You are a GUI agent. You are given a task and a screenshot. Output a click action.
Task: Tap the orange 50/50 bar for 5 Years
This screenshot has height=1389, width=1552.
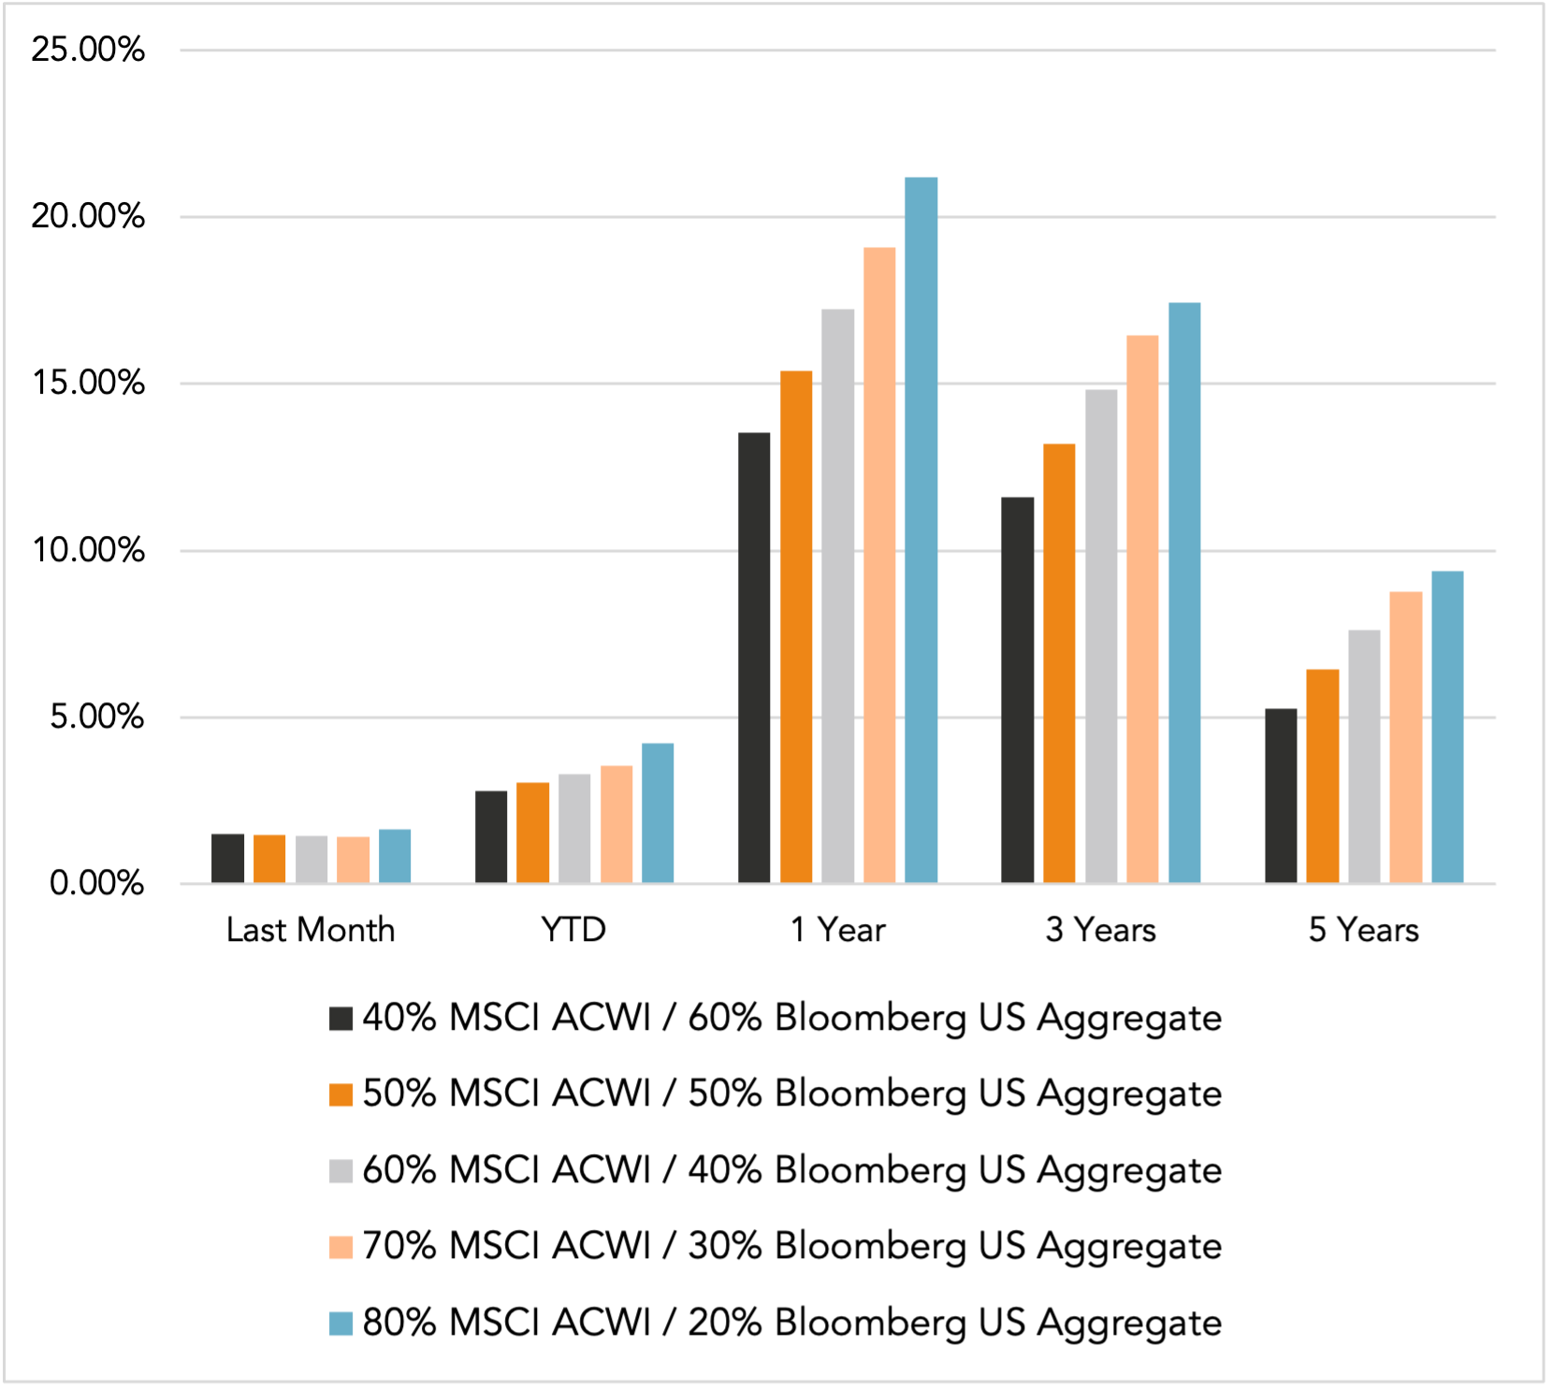point(1322,776)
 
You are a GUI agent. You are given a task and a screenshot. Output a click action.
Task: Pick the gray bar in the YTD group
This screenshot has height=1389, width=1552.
point(574,829)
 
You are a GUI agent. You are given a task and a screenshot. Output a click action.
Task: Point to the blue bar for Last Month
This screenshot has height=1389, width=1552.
point(395,857)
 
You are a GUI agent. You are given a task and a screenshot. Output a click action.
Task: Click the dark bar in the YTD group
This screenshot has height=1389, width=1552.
point(491,837)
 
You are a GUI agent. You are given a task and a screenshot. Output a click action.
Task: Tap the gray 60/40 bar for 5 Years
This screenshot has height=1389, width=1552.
point(1364,757)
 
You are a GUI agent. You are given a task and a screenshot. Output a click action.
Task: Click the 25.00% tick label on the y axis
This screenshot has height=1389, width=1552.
point(88,50)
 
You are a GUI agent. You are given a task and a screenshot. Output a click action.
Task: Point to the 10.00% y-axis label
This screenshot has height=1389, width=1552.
point(88,550)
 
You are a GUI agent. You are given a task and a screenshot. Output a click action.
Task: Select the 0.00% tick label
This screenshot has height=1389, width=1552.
point(96,883)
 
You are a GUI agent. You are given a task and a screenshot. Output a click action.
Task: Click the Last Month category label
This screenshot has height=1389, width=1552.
point(311,930)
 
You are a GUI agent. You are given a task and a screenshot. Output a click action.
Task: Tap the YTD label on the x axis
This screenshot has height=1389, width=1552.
point(573,930)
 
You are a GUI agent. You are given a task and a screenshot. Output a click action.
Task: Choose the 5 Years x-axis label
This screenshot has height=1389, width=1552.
point(1363,930)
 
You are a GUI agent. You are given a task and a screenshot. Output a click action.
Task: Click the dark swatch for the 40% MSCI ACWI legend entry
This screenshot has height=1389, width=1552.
point(341,1019)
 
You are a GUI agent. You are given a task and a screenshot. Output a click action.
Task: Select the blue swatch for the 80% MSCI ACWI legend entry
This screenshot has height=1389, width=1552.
point(341,1324)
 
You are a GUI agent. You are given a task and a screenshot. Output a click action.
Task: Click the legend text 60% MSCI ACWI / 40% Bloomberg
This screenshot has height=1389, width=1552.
point(791,1170)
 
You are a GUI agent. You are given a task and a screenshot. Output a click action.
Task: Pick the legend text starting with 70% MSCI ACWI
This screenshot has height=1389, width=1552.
point(791,1247)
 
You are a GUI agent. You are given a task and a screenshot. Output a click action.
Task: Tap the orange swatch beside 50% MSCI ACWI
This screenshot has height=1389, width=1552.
point(341,1094)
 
